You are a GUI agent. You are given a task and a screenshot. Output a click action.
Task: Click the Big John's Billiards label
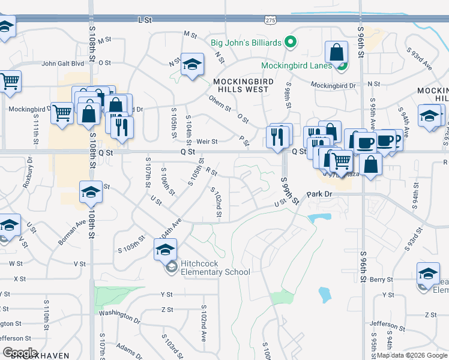pyautogui.click(x=246, y=43)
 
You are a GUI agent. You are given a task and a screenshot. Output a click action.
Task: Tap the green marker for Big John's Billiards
pyautogui.click(x=291, y=42)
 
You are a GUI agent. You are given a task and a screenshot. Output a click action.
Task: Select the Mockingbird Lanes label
pyautogui.click(x=296, y=65)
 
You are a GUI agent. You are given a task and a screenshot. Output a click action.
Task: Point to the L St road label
pyautogui.click(x=145, y=20)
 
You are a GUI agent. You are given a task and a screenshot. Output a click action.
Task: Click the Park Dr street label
pyautogui.click(x=319, y=194)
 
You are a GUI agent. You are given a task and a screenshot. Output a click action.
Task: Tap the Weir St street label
pyautogui.click(x=206, y=142)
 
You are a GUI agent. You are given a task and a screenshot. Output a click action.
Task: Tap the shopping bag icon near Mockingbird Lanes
pyautogui.click(x=336, y=53)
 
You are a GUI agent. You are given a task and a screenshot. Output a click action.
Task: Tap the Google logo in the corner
pyautogui.click(x=20, y=353)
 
